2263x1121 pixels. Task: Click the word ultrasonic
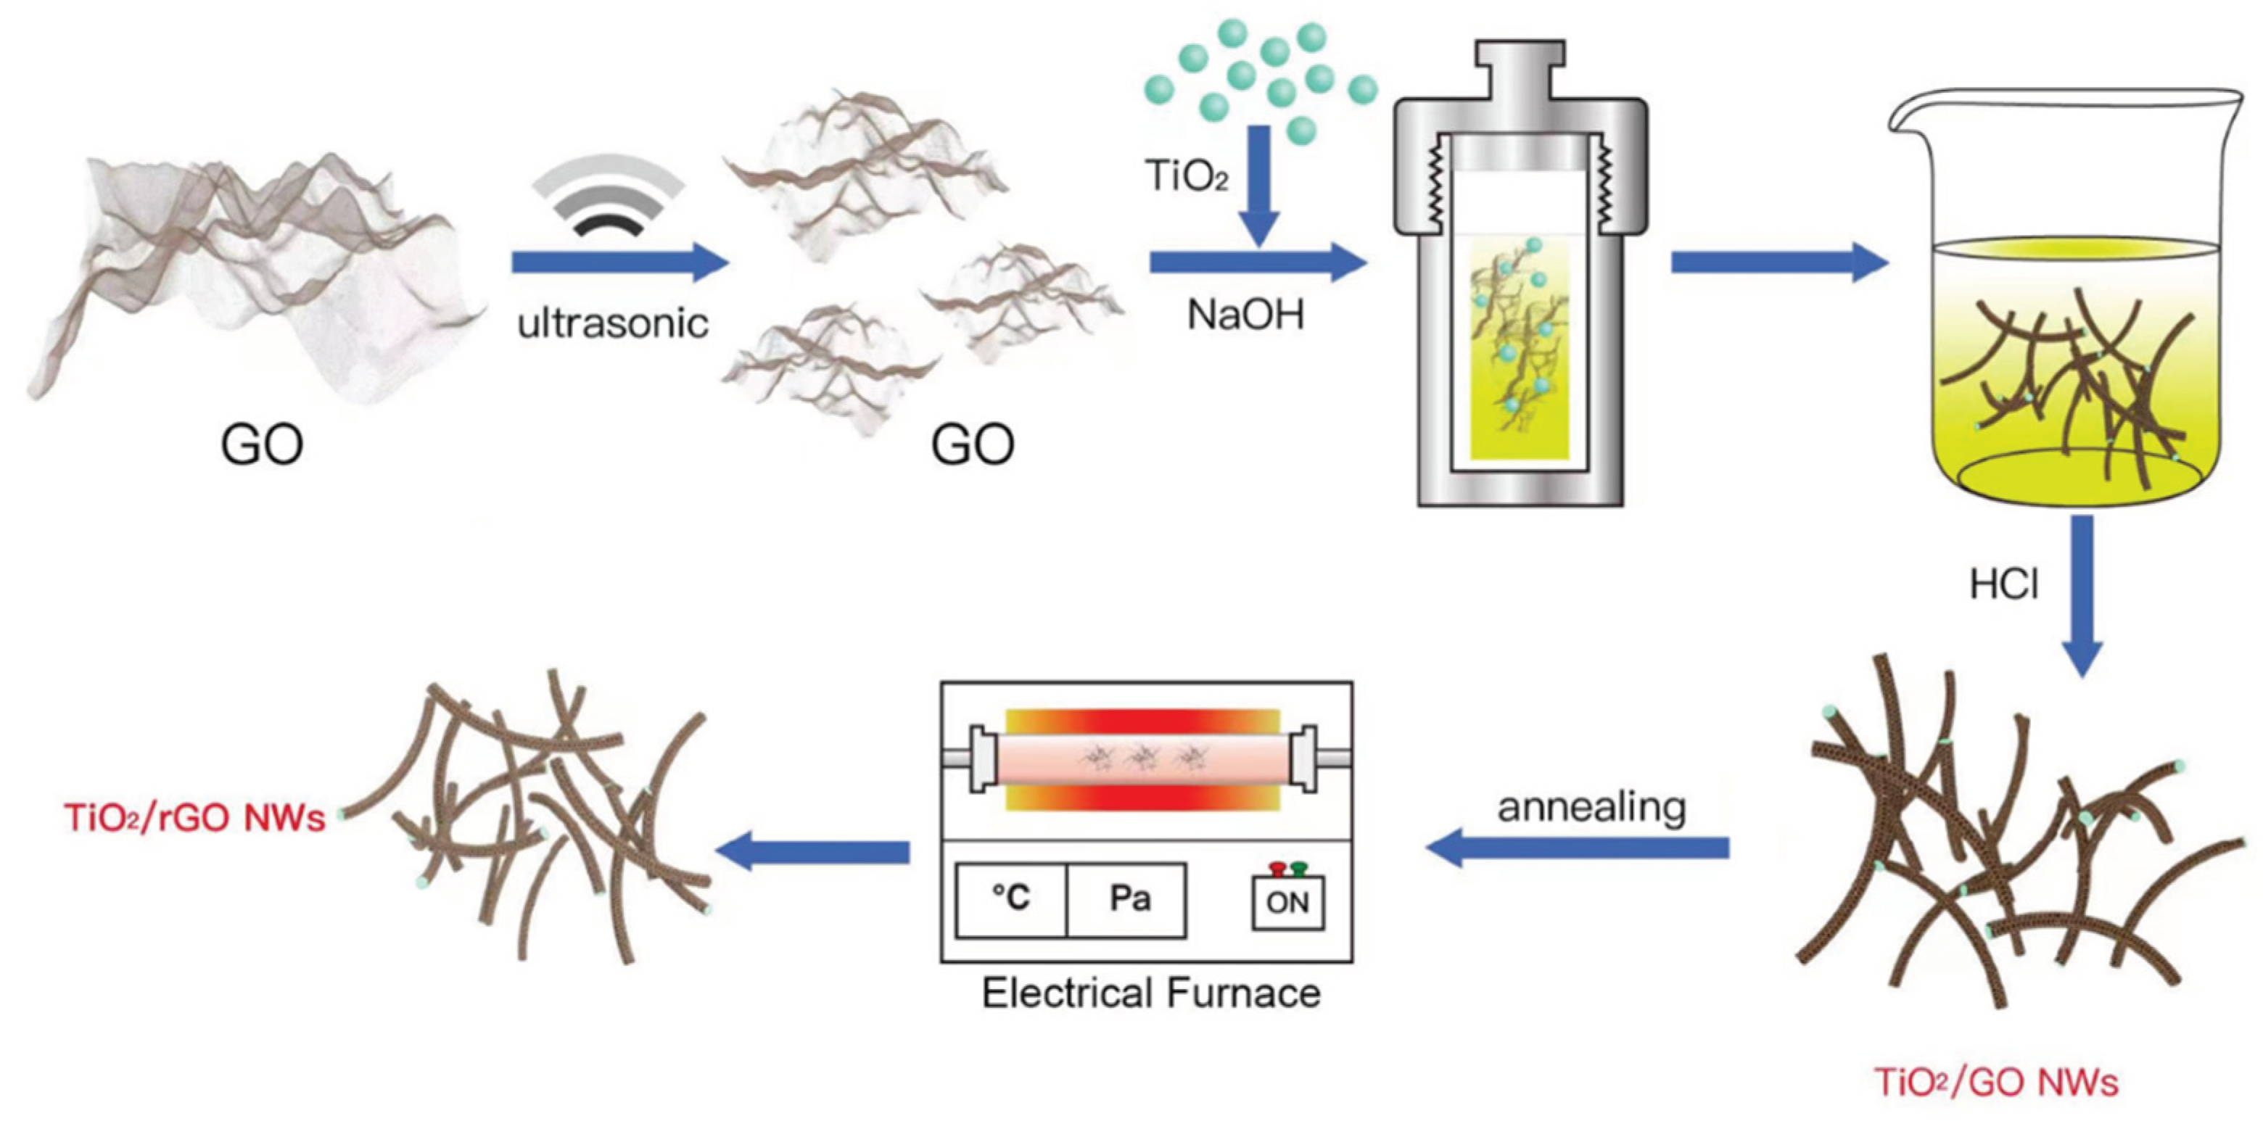(x=612, y=323)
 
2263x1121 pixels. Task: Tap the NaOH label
(x=1245, y=315)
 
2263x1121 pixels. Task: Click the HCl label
(x=2004, y=585)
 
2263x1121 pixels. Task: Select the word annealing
(x=1591, y=807)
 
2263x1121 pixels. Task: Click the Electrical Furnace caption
(x=1151, y=993)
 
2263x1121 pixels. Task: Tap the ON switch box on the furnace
(x=1288, y=901)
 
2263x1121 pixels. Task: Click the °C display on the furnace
(x=1011, y=898)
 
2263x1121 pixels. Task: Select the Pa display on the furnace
(x=1129, y=898)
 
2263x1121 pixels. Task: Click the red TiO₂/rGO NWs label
(x=194, y=818)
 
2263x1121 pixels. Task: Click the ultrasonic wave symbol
(x=609, y=195)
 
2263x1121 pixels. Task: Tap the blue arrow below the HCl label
(x=2081, y=597)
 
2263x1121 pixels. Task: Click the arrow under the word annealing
(x=1577, y=848)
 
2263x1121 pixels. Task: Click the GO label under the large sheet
(x=262, y=444)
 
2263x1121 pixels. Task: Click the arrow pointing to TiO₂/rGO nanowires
(x=812, y=851)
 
